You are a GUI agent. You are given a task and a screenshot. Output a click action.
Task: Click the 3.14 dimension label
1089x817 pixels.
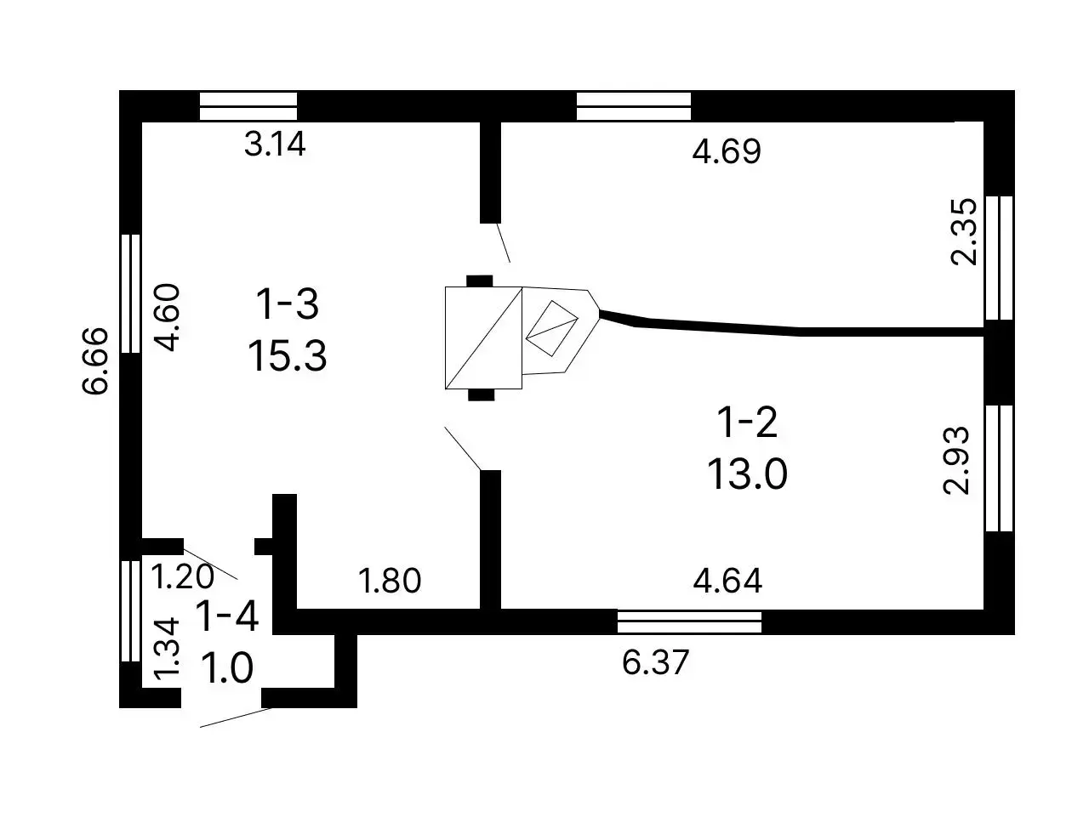pos(275,145)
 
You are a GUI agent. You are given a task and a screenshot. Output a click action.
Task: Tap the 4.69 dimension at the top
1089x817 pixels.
pos(727,151)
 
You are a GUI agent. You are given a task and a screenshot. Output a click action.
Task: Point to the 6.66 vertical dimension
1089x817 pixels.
pos(94,360)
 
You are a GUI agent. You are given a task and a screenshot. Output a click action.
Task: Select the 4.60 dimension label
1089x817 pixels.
pos(167,317)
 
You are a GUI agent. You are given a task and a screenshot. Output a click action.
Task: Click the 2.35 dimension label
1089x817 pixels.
pos(963,231)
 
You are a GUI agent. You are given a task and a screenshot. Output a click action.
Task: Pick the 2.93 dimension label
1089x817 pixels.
pos(955,460)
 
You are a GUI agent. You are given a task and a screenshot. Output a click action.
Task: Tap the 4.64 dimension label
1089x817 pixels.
pos(727,581)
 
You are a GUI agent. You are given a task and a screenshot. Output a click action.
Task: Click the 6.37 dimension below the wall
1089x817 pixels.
pos(655,661)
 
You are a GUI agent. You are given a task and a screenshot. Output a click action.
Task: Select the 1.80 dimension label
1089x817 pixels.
pos(390,581)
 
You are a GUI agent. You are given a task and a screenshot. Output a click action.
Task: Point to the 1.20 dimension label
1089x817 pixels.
pos(182,576)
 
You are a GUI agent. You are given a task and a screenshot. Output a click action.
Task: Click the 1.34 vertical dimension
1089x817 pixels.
pos(166,649)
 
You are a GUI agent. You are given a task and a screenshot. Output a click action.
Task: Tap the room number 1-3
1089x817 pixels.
pos(287,304)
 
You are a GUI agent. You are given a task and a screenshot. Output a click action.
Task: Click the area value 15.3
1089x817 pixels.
pos(287,355)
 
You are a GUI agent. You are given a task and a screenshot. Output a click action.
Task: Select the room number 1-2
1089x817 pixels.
pos(747,422)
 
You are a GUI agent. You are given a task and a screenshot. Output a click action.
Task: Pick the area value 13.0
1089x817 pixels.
pos(747,474)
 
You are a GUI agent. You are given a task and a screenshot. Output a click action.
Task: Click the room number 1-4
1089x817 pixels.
pos(227,616)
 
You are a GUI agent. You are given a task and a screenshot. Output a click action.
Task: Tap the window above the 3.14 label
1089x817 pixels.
pos(248,106)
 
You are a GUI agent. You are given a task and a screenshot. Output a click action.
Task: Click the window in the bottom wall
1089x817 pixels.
pos(689,621)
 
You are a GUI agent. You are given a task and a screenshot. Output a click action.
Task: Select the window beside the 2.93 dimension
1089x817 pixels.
pos(999,468)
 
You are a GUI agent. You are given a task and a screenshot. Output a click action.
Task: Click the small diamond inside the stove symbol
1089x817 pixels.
pos(551,327)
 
